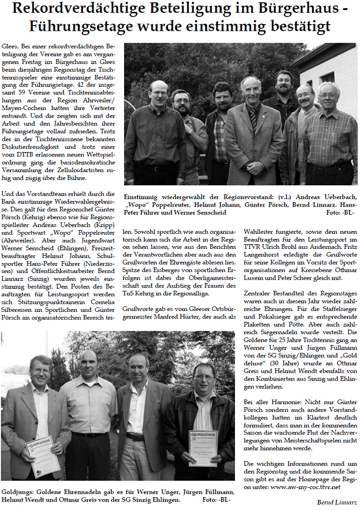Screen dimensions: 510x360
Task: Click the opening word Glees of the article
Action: (9, 48)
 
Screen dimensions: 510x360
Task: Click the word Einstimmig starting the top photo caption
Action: (141, 197)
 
